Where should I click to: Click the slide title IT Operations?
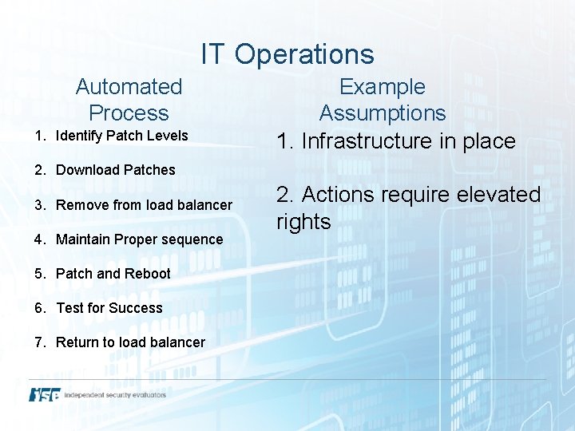pos(287,54)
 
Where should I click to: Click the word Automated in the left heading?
pos(129,86)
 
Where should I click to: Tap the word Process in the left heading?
pos(129,113)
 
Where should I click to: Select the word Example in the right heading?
pos(383,86)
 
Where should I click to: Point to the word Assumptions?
pos(383,113)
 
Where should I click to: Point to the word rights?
pos(303,222)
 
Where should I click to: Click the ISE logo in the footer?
pos(45,394)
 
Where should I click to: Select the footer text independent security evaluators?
pos(116,395)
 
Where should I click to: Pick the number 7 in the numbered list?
pos(38,342)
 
